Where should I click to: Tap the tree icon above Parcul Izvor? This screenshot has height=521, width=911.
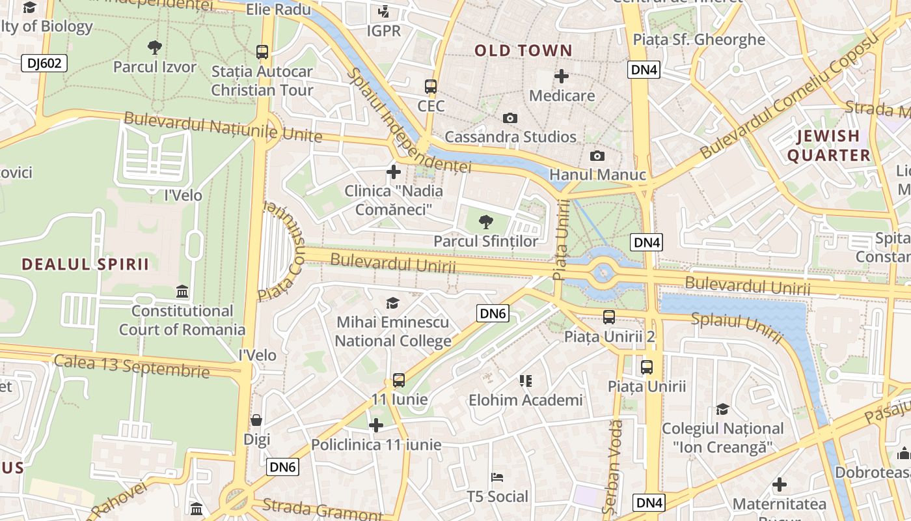pyautogui.click(x=154, y=47)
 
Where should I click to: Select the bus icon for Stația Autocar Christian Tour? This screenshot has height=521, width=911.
pyautogui.click(x=262, y=52)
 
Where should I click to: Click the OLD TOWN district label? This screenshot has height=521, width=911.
pyautogui.click(x=523, y=51)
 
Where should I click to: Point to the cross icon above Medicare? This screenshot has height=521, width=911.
pyautogui.click(x=561, y=76)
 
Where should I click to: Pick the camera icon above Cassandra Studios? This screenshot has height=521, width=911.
pyautogui.click(x=510, y=118)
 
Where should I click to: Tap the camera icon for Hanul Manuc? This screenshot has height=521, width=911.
pyautogui.click(x=597, y=156)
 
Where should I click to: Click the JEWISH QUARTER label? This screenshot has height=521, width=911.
pyautogui.click(x=828, y=145)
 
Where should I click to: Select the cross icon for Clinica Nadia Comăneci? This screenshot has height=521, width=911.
pyautogui.click(x=393, y=172)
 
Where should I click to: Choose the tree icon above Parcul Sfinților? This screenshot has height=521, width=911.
pyautogui.click(x=485, y=222)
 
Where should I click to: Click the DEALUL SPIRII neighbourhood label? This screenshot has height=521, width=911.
pyautogui.click(x=85, y=264)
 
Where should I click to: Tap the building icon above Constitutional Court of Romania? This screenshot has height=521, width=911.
pyautogui.click(x=182, y=292)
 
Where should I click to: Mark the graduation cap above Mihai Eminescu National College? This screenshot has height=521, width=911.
pyautogui.click(x=392, y=303)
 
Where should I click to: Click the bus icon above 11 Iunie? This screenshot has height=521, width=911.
pyautogui.click(x=399, y=380)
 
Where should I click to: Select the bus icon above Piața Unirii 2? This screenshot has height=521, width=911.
pyautogui.click(x=609, y=317)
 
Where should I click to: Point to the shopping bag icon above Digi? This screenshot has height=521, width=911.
pyautogui.click(x=256, y=420)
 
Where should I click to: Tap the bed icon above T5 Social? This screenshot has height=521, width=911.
pyautogui.click(x=498, y=477)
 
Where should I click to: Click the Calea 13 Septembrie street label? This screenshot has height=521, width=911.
pyautogui.click(x=131, y=366)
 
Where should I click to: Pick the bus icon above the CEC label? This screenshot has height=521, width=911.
pyautogui.click(x=431, y=86)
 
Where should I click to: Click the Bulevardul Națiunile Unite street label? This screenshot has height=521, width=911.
pyautogui.click(x=223, y=127)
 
